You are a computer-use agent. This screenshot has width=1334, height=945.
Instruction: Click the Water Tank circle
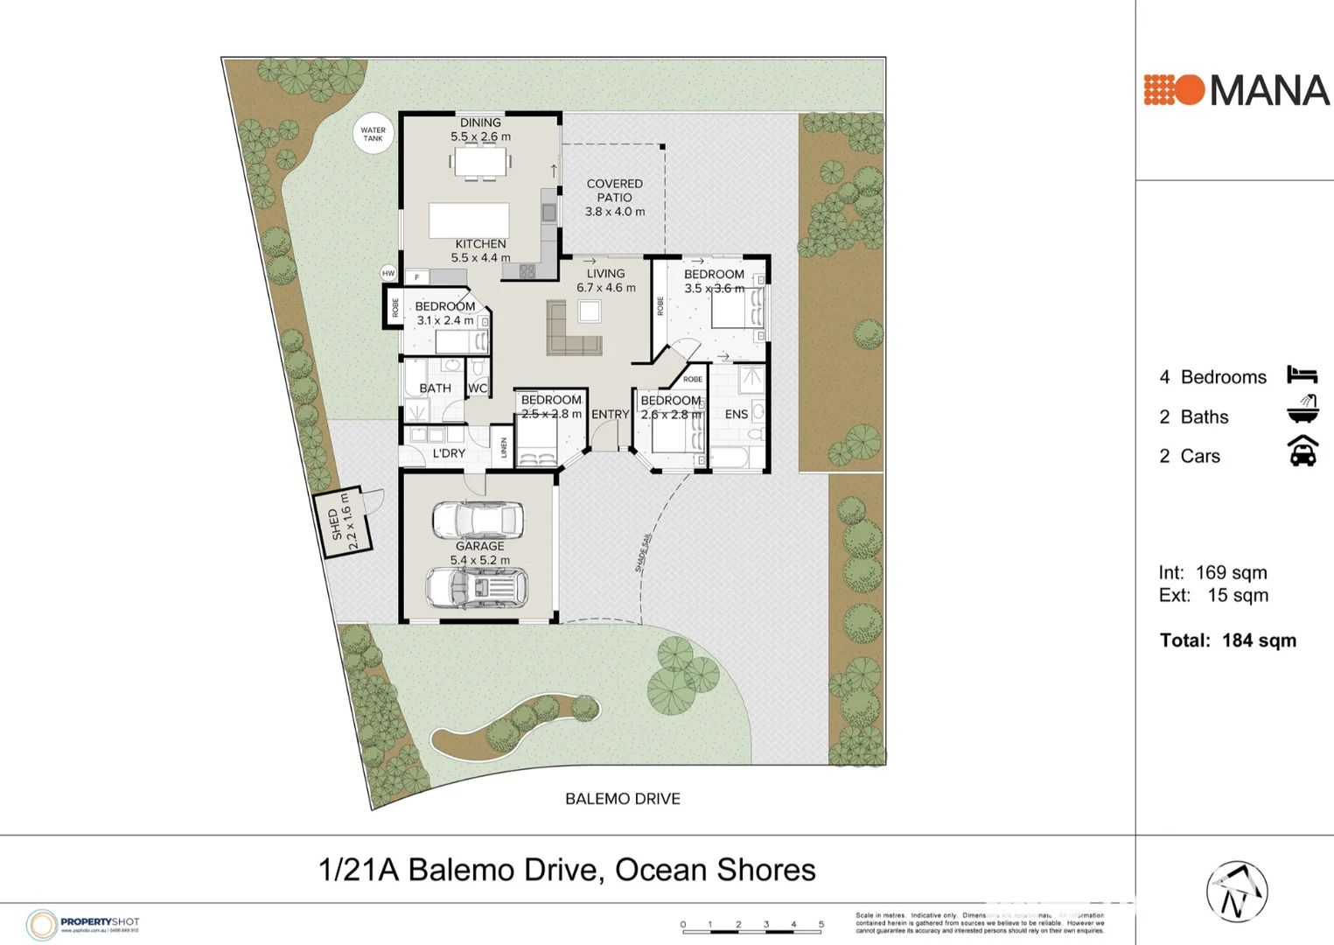(374, 134)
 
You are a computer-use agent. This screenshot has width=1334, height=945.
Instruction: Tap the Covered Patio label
(614, 198)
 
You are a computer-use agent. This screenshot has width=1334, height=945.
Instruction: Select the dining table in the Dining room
(479, 162)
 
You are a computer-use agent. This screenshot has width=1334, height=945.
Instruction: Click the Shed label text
(342, 523)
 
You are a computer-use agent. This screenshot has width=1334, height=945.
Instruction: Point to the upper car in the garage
(478, 520)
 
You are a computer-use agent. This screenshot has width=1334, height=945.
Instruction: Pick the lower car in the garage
(478, 587)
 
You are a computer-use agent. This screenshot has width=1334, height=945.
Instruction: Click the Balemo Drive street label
(622, 799)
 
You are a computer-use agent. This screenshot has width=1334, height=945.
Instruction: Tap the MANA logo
(1236, 90)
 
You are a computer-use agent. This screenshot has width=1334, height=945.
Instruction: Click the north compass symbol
(1237, 892)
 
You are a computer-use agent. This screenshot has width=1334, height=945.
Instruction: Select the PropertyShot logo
(83, 924)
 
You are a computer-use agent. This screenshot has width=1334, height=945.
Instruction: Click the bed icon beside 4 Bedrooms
(1302, 375)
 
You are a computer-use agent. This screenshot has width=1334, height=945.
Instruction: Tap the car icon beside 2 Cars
(1303, 452)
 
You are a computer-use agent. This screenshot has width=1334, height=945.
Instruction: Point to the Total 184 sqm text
(1227, 640)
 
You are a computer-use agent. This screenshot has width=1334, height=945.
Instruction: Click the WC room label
(478, 388)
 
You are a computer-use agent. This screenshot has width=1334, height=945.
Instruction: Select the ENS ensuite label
(737, 414)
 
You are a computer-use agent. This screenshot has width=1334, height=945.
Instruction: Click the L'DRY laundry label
(449, 453)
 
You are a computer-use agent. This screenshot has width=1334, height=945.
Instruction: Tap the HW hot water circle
(388, 273)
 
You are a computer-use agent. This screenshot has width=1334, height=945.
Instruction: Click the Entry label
(610, 415)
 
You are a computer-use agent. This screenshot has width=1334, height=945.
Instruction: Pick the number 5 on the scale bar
(821, 924)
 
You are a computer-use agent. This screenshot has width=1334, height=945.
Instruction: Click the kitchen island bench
(469, 220)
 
